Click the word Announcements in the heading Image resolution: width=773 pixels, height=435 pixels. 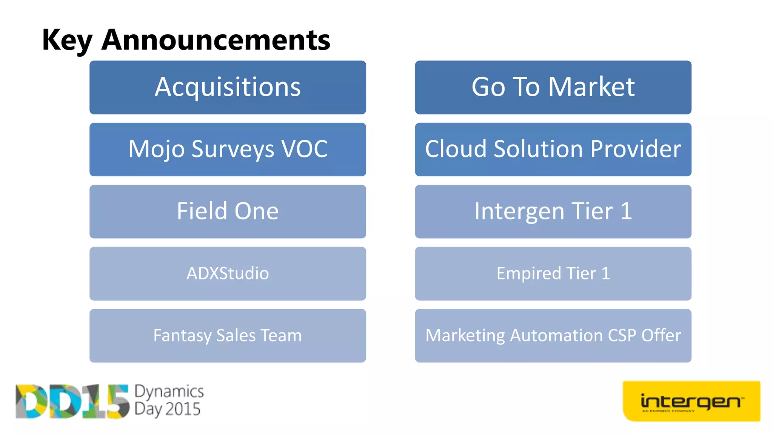coord(216,40)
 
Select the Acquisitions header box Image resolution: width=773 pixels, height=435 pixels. coord(228,87)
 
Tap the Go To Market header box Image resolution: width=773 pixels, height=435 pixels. coord(553,87)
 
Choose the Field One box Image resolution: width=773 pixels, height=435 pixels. coord(228,211)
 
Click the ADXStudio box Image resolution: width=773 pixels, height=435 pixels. coord(228,273)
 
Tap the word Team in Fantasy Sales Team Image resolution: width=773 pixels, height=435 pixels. coord(281,335)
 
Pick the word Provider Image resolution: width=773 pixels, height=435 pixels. coord(636,149)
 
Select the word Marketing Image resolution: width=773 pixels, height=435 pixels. coord(465,336)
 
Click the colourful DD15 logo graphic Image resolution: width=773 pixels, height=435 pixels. coord(72,401)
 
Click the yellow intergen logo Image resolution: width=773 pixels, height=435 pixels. coord(691,401)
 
